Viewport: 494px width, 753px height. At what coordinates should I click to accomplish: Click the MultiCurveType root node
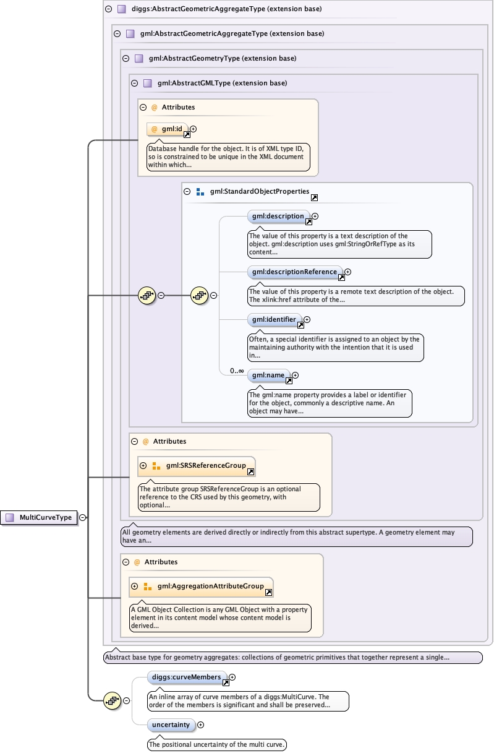38,517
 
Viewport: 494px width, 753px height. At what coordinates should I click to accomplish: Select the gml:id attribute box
168,129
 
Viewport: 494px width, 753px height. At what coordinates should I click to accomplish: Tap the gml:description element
279,216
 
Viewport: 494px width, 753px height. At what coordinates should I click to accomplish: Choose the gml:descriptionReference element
295,272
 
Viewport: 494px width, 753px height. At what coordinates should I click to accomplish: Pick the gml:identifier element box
275,320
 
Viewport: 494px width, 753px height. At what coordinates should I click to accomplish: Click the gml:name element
269,376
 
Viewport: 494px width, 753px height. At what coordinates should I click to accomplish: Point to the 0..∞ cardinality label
237,371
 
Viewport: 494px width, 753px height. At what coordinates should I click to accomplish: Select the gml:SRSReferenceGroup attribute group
197,467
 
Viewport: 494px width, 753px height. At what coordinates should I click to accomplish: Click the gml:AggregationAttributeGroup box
201,587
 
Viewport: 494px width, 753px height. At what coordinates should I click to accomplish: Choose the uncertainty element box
171,725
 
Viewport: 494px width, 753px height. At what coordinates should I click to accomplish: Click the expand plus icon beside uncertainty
200,725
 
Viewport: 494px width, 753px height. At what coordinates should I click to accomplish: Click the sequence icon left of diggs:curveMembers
112,701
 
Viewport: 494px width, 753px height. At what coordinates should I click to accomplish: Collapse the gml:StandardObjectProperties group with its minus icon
187,192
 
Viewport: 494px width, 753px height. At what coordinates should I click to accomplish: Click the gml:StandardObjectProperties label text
260,192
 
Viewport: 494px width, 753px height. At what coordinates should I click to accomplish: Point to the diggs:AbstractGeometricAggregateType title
227,9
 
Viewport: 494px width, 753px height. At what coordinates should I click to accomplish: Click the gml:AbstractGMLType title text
223,84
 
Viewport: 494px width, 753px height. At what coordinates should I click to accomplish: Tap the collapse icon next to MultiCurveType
83,518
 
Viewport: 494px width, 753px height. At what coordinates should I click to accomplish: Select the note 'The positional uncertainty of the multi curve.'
217,744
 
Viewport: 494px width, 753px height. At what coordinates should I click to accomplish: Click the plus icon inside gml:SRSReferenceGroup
143,465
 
